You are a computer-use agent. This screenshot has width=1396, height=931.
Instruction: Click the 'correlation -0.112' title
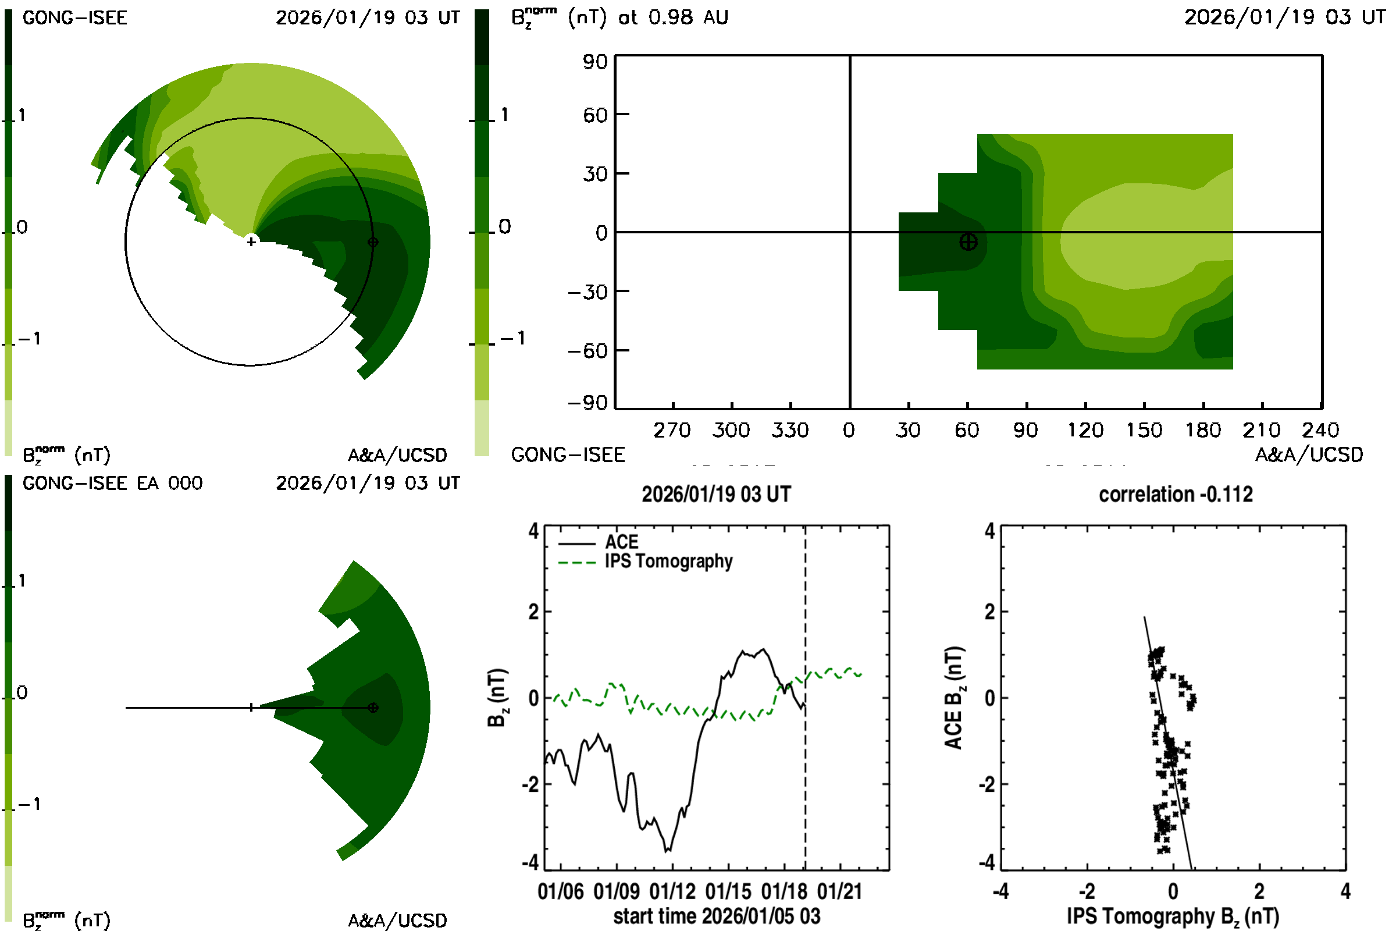point(1175,495)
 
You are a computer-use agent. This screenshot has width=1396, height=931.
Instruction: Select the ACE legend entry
point(621,542)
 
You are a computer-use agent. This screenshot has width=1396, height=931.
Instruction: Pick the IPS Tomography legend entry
point(668,562)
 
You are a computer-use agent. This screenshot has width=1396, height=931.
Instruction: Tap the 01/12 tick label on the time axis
point(672,891)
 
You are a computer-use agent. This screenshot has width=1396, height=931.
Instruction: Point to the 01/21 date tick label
point(839,891)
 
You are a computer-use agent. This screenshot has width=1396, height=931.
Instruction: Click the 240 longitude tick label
point(1320,431)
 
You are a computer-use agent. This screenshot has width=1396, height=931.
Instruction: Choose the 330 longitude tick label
point(789,431)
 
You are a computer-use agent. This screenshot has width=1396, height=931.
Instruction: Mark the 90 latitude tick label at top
point(594,62)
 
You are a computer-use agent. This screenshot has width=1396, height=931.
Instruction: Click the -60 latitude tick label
point(587,351)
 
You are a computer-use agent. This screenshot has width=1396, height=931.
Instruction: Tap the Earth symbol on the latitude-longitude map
point(968,241)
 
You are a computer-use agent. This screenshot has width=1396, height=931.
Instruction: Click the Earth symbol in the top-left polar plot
point(373,241)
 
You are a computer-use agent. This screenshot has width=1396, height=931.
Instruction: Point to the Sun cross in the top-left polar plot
point(251,241)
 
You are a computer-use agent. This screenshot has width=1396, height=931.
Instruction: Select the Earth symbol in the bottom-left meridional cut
point(373,707)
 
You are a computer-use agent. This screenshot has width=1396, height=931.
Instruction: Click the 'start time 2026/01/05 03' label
point(717,916)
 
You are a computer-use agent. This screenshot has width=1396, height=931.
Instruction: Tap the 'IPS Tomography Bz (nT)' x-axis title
point(1172,916)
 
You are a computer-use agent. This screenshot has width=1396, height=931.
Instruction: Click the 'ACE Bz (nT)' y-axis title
point(953,698)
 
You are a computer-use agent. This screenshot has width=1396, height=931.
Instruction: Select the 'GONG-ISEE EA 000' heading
point(112,484)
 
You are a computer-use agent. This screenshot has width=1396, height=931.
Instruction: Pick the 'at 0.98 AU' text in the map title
point(672,17)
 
